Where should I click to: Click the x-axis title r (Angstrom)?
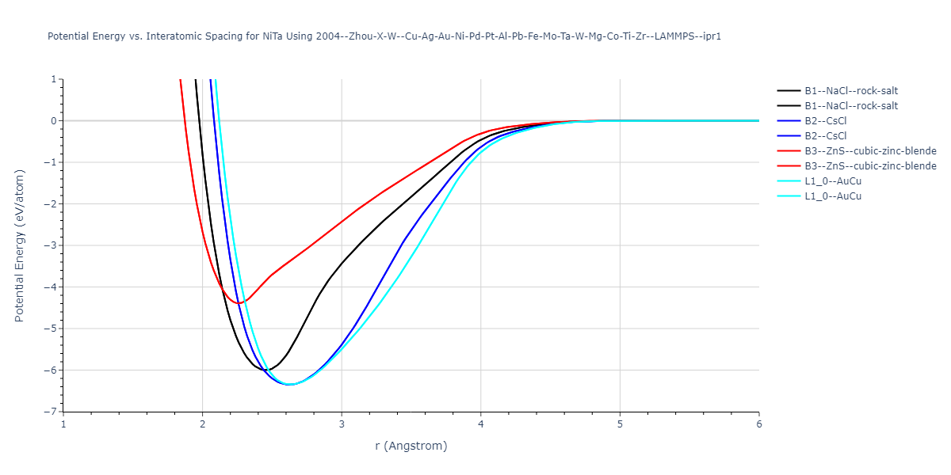pos(411,446)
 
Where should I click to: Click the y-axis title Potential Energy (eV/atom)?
pos(20,245)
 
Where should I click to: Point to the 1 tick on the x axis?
pos(63,424)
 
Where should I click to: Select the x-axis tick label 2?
pos(202,424)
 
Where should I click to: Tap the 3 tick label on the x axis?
pos(342,424)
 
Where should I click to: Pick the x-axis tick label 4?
pos(480,424)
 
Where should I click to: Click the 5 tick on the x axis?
pos(620,424)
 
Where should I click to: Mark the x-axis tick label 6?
pos(758,424)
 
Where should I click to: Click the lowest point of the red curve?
pos(239,303)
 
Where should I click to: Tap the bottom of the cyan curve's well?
pos(291,385)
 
